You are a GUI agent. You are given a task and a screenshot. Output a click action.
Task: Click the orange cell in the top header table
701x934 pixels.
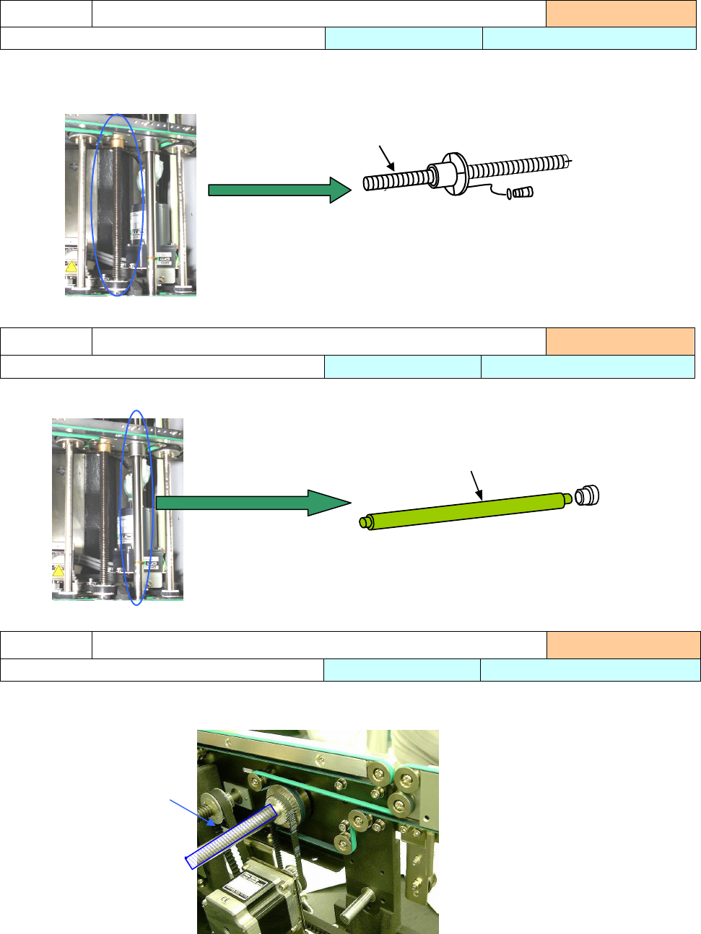[621, 14]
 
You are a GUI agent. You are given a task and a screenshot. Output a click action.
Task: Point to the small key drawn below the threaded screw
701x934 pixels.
[522, 193]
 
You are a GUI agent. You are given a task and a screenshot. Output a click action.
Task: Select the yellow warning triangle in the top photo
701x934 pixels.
[71, 266]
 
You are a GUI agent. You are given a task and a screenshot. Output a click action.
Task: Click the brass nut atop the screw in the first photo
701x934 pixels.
[116, 135]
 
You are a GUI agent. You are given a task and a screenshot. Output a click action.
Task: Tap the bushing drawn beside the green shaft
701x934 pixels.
[587, 495]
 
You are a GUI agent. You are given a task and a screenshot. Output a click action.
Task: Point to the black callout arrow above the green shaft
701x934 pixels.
[476, 485]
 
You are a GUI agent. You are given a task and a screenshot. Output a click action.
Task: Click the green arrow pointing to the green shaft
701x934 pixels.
[253, 502]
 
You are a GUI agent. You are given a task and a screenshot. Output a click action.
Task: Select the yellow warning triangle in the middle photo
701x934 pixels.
[58, 570]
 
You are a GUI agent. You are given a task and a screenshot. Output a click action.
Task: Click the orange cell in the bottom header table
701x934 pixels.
[623, 645]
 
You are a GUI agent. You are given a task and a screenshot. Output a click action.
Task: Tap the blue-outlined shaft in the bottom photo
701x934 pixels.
[231, 837]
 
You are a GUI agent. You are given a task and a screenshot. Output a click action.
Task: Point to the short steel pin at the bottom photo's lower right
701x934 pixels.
[357, 905]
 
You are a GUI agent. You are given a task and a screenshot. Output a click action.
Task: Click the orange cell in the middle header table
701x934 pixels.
[620, 341]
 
